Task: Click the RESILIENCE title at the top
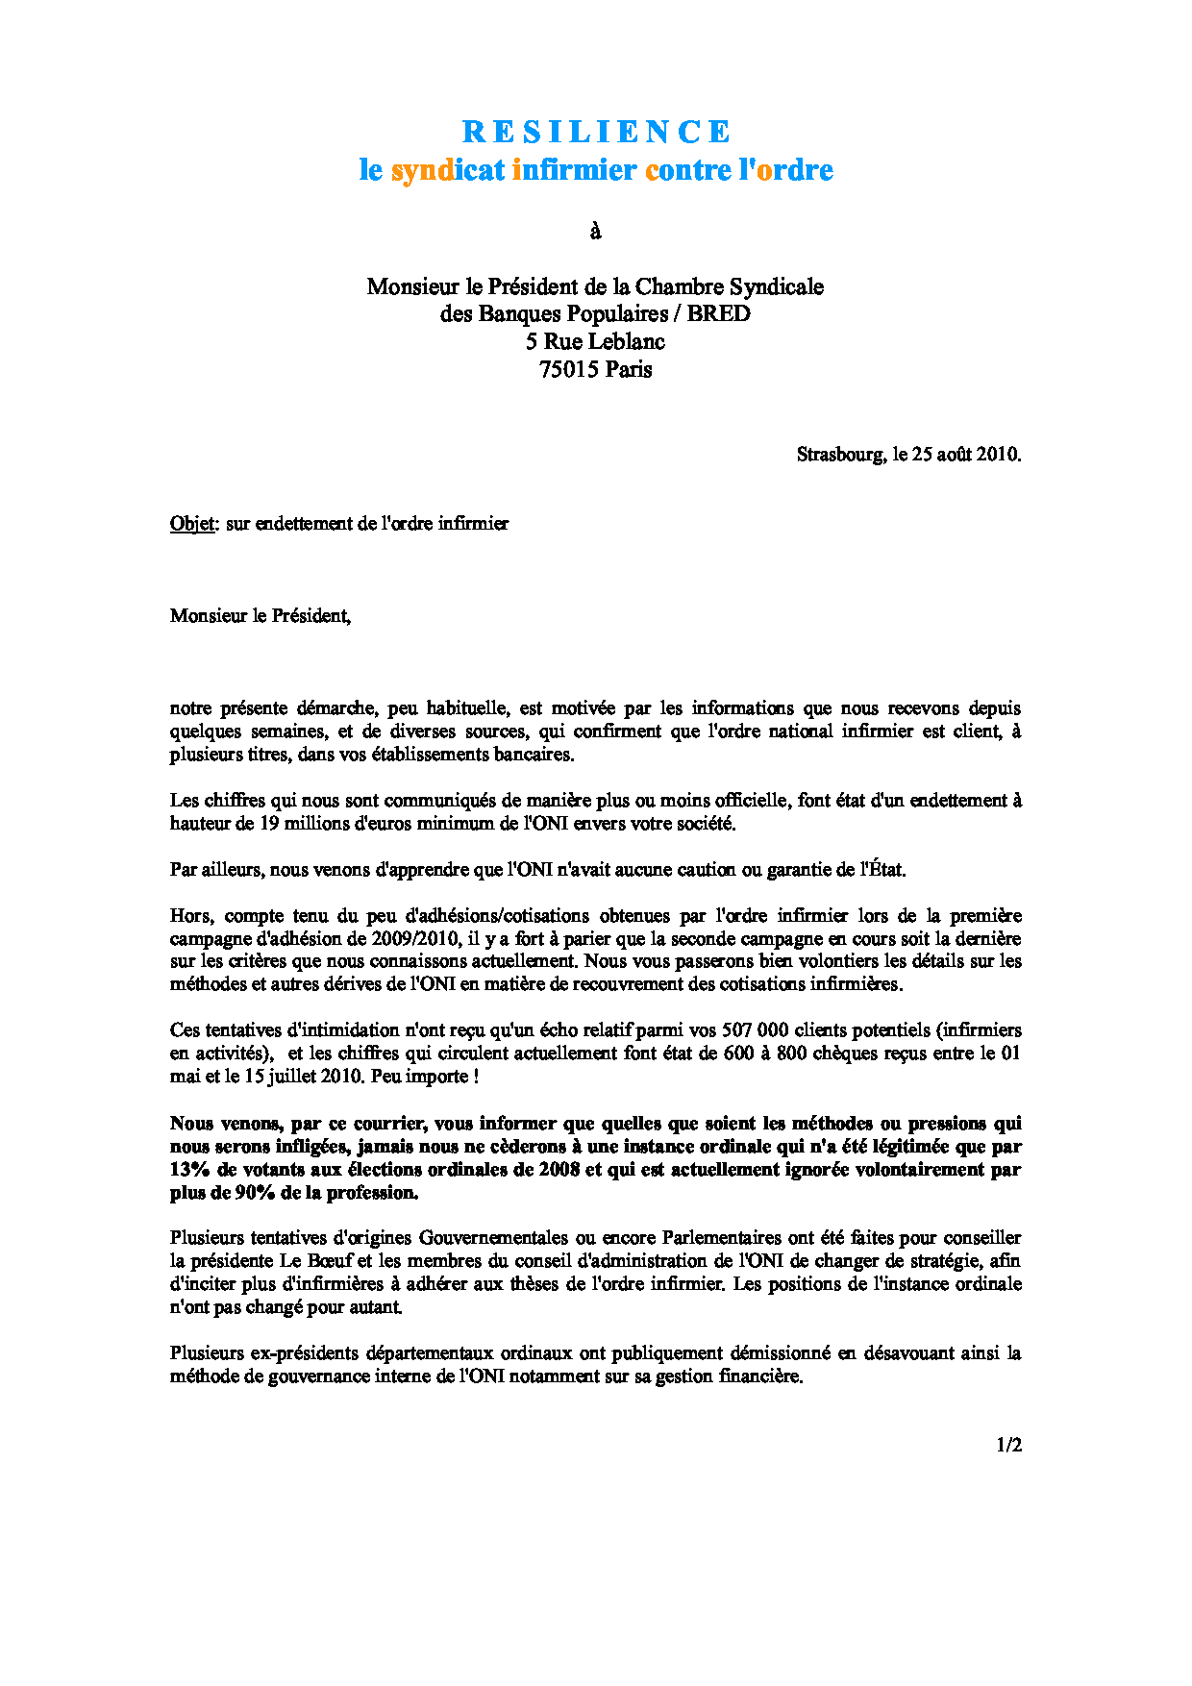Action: point(596,132)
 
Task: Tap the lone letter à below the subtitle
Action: point(595,231)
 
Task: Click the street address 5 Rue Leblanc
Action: point(595,341)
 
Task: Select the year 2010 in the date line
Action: point(997,455)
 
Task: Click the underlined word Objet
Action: point(192,524)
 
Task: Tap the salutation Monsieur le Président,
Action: point(260,616)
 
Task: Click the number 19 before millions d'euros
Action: point(269,824)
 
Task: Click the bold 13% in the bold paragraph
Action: point(190,1170)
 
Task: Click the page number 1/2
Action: point(1008,1445)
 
